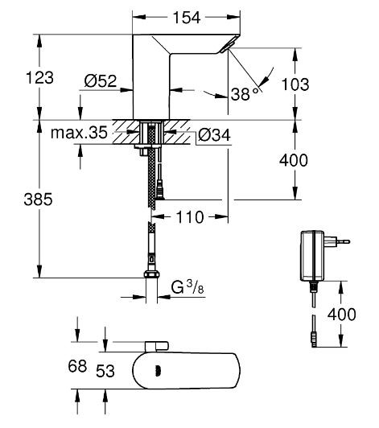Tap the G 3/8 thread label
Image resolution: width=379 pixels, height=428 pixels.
186,286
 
